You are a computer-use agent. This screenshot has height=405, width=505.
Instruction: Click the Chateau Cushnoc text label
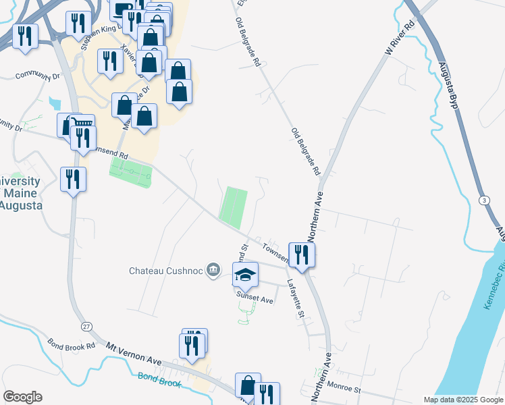[167, 271]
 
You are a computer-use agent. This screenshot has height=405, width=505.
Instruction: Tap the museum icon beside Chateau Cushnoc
[213, 270]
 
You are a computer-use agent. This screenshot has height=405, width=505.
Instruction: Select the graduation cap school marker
[246, 274]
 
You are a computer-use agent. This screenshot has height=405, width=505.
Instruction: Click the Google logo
[22, 397]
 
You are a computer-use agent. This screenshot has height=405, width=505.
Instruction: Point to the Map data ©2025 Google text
[463, 400]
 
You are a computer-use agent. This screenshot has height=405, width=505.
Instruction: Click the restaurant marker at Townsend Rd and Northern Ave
[301, 254]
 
